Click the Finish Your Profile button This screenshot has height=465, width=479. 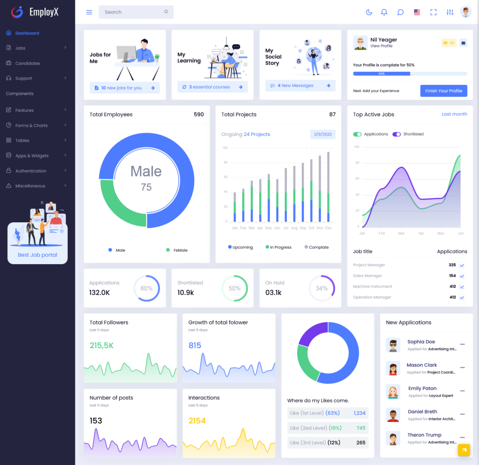tap(443, 91)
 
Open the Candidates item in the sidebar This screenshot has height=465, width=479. tap(28, 63)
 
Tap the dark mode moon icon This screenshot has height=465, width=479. tap(369, 12)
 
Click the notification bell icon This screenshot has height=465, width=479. tap(384, 12)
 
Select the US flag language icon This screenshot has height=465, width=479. tap(417, 12)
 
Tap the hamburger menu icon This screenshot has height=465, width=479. tap(89, 12)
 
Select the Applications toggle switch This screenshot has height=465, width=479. tap(357, 134)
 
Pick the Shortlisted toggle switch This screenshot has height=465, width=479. tap(397, 134)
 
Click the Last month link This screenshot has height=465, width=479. tap(454, 114)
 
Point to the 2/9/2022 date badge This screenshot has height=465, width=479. tap(323, 134)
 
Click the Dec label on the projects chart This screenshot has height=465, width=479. tap(328, 228)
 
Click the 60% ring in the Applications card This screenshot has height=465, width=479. tap(146, 289)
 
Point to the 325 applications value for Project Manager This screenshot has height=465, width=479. tap(452, 265)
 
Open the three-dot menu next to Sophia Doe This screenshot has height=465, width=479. tap(462, 345)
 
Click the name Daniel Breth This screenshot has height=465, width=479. tap(422, 412)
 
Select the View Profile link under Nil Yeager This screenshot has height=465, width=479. tap(381, 46)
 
